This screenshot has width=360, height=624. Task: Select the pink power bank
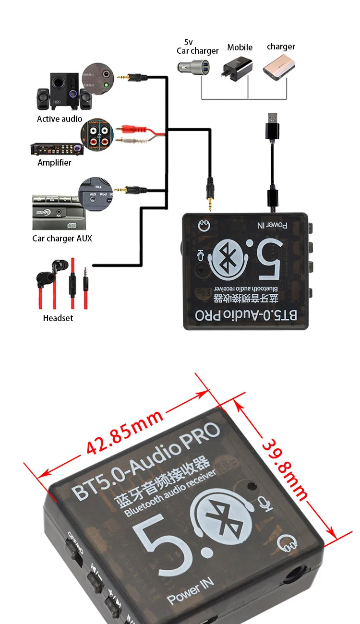tap(277, 68)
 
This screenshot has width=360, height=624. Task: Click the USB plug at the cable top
tap(272, 125)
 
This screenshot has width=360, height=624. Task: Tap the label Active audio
tap(60, 119)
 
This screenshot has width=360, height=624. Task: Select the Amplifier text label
tap(54, 163)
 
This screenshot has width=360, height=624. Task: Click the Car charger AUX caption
tap(62, 239)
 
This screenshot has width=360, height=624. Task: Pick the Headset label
tap(58, 318)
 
